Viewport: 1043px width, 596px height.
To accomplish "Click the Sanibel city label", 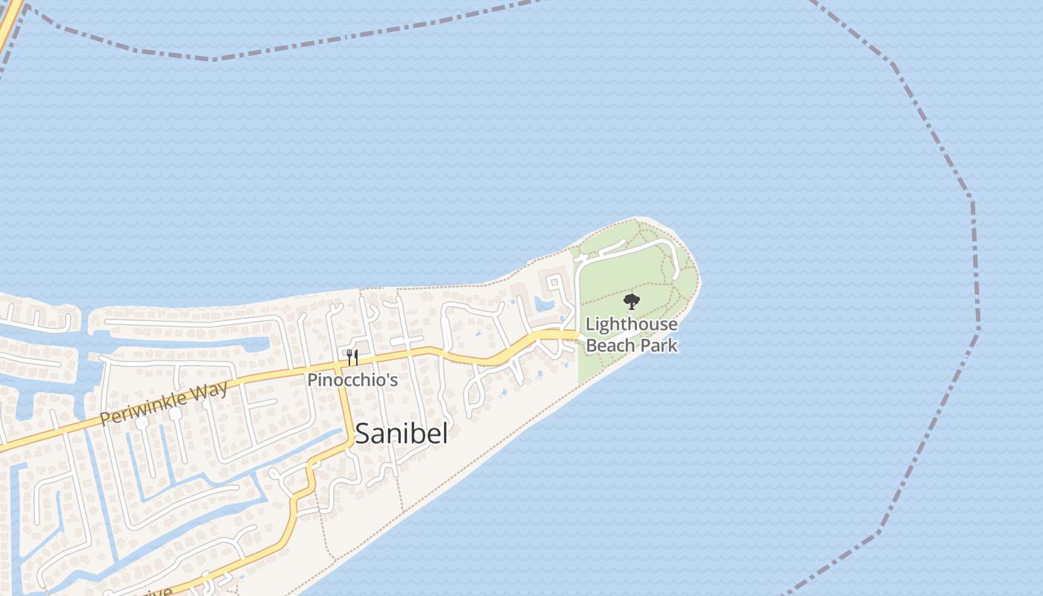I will [x=401, y=434].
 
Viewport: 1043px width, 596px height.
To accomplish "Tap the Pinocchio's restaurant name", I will [x=352, y=380].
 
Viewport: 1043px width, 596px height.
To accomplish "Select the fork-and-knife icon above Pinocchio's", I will [x=352, y=358].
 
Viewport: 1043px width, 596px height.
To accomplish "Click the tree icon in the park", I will [x=632, y=302].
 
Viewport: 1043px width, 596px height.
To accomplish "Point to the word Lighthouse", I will [x=632, y=325].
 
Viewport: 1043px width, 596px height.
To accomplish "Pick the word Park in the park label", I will [x=661, y=346].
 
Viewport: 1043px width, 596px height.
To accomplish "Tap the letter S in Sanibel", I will [x=363, y=434].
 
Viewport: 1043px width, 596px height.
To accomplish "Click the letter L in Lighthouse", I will [x=590, y=325].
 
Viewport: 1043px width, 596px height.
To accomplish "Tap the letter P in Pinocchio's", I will [x=313, y=380].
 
